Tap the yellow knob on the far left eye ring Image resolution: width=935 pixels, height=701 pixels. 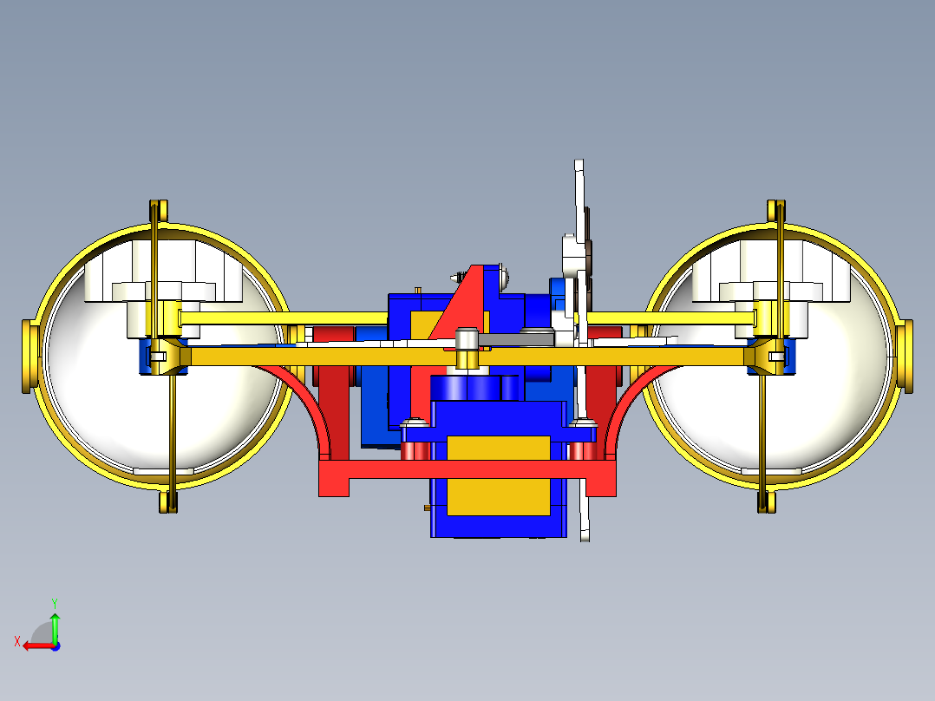point(29,356)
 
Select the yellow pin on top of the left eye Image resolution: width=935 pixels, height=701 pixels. point(158,211)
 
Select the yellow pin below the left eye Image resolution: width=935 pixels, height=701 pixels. point(168,502)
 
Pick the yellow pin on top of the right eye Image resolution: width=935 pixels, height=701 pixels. point(776,211)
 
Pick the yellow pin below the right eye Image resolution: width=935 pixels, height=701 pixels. point(766,502)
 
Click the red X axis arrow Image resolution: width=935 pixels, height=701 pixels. point(35,645)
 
